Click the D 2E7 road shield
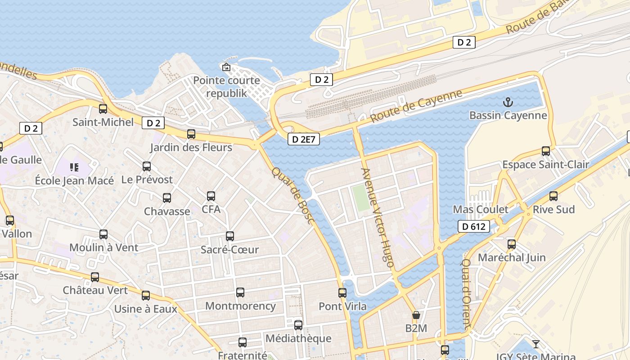(304, 139)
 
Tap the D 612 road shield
(474, 226)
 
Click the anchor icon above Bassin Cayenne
(508, 102)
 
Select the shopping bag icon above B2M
(416, 315)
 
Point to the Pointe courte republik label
(226, 87)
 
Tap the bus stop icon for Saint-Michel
(103, 108)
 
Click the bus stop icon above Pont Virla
(342, 293)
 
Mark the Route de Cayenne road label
(416, 106)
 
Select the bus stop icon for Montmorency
(240, 292)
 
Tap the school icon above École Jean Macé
(74, 167)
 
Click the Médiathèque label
(298, 338)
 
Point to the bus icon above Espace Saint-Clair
(546, 151)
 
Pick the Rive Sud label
(553, 210)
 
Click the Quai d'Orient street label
(467, 292)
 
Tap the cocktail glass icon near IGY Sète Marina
(535, 345)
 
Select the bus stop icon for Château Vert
(95, 277)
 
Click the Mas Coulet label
(481, 210)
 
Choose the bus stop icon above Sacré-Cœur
(230, 236)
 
